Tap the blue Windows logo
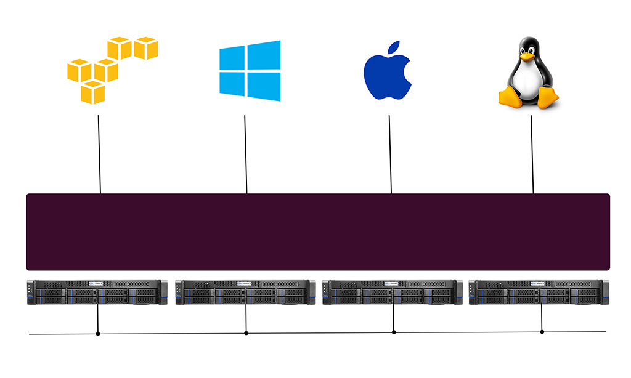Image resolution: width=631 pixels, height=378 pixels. click(x=250, y=71)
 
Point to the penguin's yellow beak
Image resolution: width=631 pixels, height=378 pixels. click(x=527, y=56)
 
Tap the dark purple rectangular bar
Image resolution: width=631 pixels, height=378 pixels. click(x=318, y=232)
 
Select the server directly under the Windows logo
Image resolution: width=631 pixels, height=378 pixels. click(x=245, y=292)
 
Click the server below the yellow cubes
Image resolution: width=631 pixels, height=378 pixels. click(x=97, y=292)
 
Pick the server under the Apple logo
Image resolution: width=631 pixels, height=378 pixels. click(x=393, y=292)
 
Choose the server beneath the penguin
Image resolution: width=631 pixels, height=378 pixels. click(x=539, y=292)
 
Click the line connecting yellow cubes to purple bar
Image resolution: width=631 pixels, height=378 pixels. click(x=99, y=154)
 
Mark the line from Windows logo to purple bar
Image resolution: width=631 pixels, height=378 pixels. click(x=246, y=154)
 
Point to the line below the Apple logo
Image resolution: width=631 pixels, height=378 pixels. click(x=390, y=154)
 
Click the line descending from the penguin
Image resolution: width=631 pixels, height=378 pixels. click(x=532, y=154)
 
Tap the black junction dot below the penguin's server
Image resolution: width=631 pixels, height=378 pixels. click(x=542, y=332)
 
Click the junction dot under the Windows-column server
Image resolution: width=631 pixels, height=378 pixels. click(x=246, y=333)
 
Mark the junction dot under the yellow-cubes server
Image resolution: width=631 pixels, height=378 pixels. click(x=98, y=334)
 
